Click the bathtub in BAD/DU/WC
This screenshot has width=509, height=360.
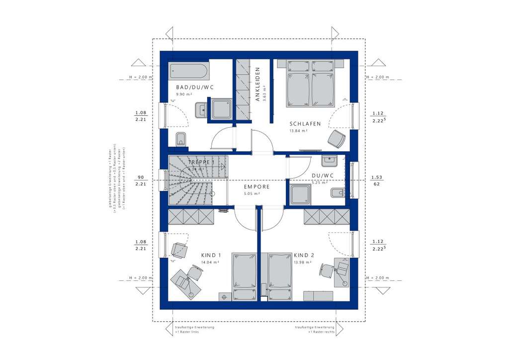click(188, 71)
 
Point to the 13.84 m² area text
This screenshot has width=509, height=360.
click(298, 131)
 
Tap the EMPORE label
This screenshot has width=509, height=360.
click(256, 187)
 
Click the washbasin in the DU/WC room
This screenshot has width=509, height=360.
click(329, 161)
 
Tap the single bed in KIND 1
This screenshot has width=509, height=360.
click(244, 276)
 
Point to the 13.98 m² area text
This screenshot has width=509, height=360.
click(302, 262)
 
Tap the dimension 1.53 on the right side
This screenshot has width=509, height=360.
click(376, 177)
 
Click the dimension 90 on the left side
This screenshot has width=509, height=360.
click(141, 177)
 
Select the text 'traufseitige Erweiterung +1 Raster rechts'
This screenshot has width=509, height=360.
click(314, 329)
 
